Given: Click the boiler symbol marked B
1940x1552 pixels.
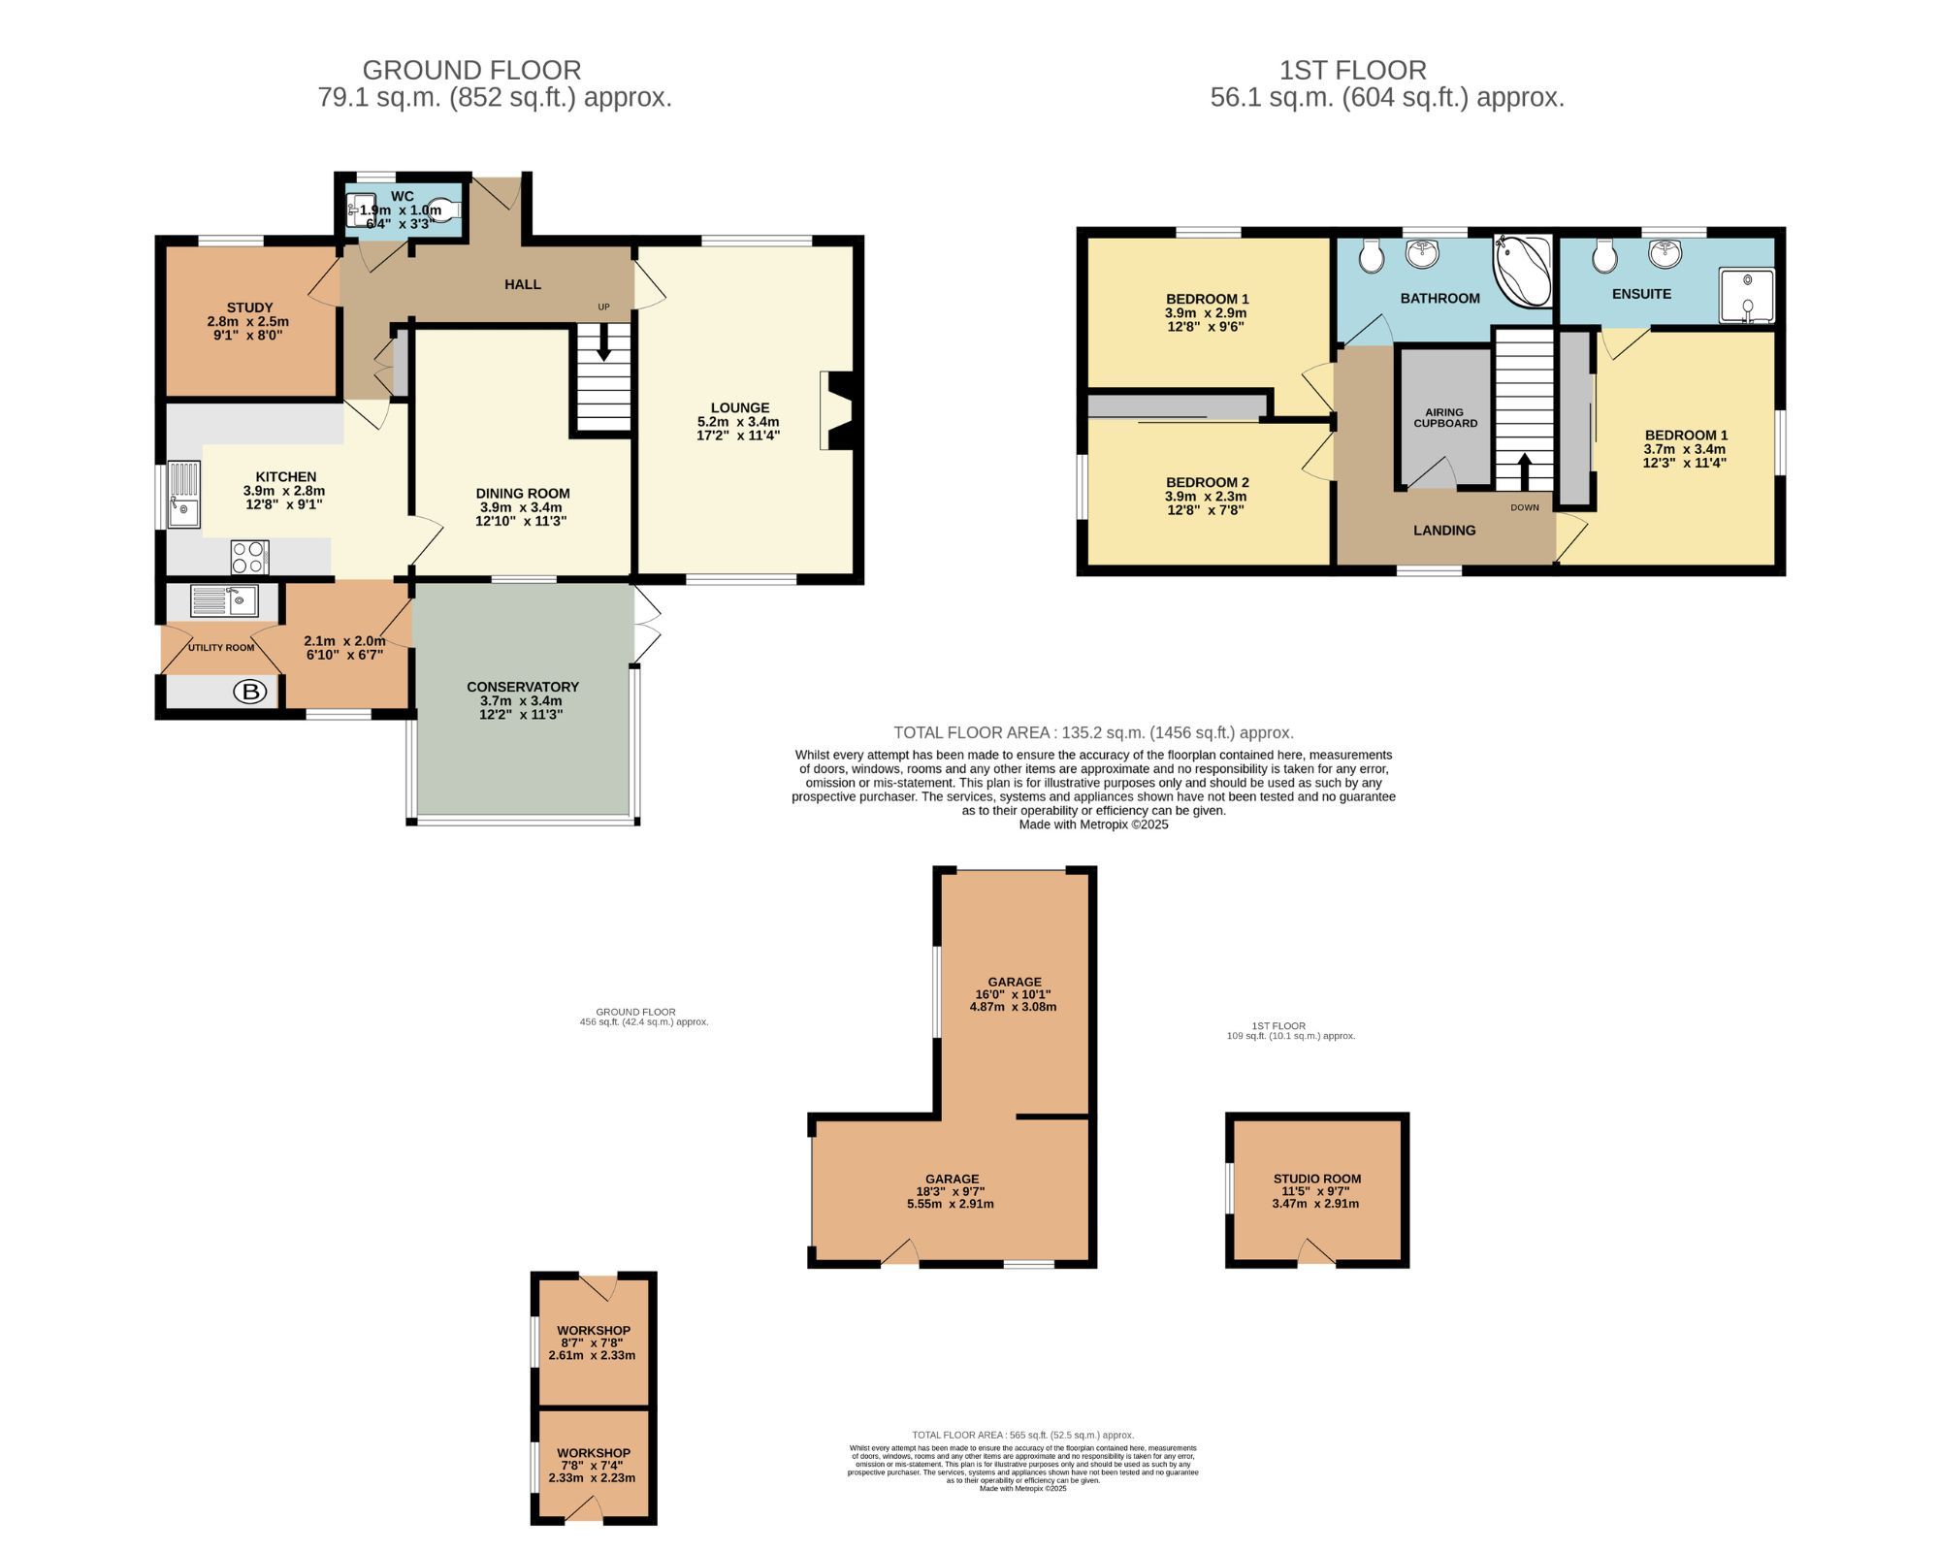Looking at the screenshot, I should [251, 692].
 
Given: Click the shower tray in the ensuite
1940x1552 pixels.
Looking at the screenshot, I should [1746, 295].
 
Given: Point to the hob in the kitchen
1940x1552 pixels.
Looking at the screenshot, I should [249, 557].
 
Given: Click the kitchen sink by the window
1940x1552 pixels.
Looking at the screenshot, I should [183, 495].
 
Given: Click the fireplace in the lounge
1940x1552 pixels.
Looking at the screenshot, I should [837, 410].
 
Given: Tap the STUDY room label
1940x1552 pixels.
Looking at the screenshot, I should [249, 307].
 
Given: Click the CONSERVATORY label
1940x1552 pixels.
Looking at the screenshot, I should [522, 687].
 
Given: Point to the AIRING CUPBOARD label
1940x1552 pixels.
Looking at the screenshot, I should [1444, 418].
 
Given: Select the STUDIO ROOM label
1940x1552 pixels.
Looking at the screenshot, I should [1316, 1179].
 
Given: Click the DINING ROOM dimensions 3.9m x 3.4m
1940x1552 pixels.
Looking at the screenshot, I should [521, 507].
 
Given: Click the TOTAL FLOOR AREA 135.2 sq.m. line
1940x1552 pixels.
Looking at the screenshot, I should [1093, 732].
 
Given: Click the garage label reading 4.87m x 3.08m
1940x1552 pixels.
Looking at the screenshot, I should [1013, 1007].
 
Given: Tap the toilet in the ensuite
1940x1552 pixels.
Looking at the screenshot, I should [1603, 256].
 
